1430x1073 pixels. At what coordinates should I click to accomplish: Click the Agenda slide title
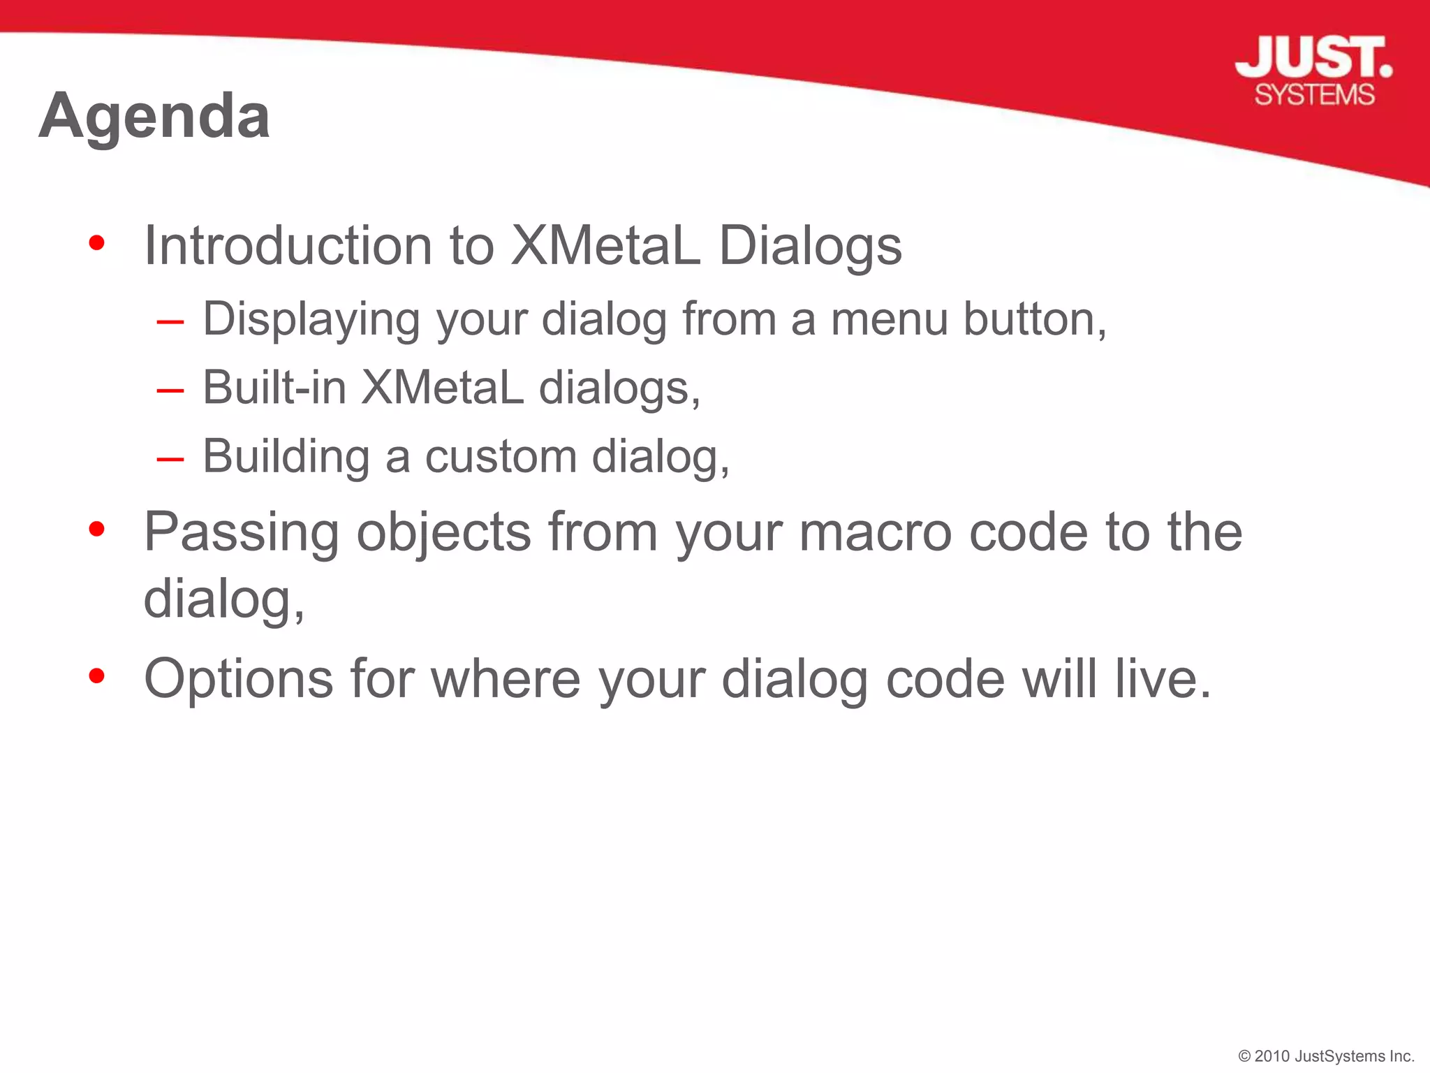click(x=154, y=116)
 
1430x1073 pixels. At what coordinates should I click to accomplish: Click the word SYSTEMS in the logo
click(x=1314, y=95)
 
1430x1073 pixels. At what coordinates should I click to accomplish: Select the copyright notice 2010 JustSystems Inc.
click(x=1326, y=1056)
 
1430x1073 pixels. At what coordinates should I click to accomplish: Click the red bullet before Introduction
click(x=97, y=244)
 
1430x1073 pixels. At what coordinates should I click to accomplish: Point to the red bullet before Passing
click(x=97, y=530)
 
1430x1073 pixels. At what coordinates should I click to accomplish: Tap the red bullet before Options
click(x=97, y=676)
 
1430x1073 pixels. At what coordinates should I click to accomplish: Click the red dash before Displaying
click(x=170, y=322)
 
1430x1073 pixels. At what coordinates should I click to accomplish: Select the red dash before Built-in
click(x=170, y=390)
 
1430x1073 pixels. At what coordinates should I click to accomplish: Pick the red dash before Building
click(x=170, y=459)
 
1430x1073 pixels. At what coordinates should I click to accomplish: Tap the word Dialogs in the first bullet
click(x=810, y=247)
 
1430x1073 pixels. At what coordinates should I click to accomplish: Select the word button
click(x=1034, y=320)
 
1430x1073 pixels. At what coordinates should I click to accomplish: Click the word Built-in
click(x=274, y=388)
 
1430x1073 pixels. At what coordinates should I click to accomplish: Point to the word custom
click(x=501, y=457)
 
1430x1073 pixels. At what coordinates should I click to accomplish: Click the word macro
click(x=876, y=532)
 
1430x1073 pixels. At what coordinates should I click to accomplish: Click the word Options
click(x=238, y=680)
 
